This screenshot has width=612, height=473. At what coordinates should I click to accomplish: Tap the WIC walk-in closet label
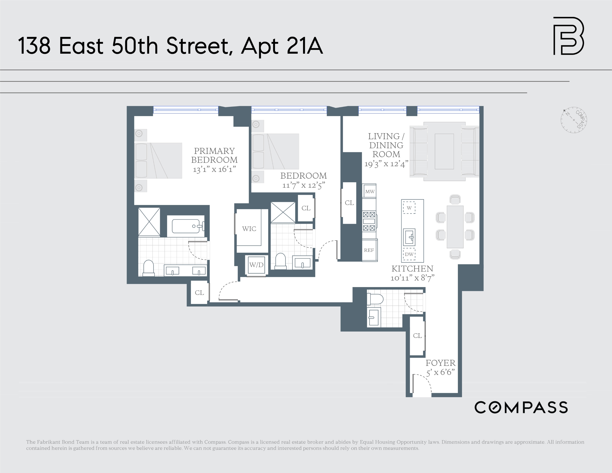249,229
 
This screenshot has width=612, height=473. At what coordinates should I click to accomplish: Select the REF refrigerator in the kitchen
369,250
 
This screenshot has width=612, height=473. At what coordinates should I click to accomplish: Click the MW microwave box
370,192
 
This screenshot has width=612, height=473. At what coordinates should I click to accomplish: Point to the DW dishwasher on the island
409,254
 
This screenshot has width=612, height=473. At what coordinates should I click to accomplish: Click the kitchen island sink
409,237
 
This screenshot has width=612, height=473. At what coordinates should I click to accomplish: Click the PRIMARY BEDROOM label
214,155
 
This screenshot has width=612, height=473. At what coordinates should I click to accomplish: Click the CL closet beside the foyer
417,336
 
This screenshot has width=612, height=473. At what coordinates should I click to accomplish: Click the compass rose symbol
574,120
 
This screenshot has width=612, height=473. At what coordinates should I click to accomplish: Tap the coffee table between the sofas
444,151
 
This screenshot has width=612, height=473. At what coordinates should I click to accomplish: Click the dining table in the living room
455,227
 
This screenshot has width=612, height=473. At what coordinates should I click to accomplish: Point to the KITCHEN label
412,269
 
